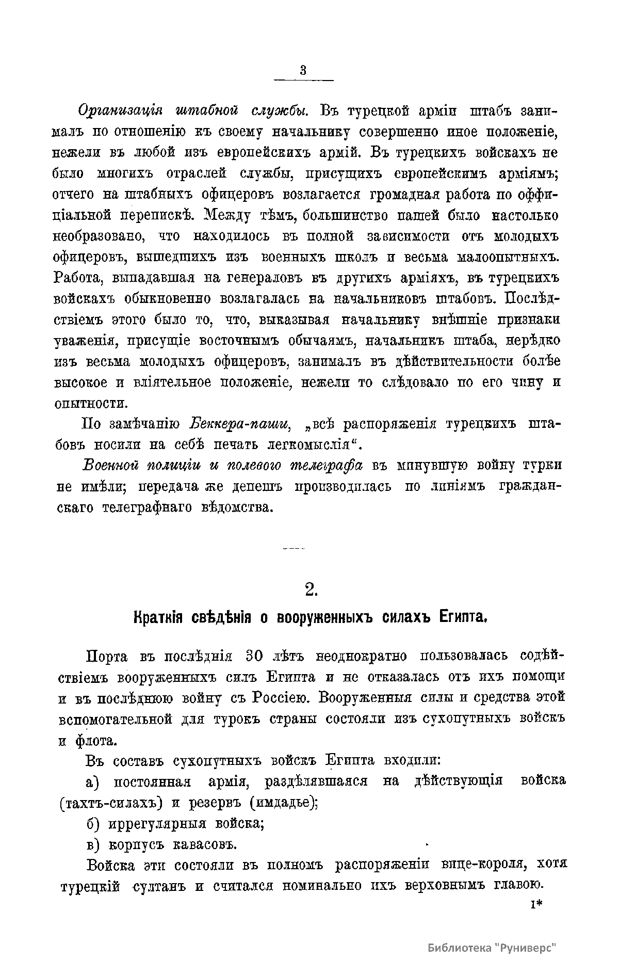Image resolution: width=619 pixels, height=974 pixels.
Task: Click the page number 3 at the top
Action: [x=303, y=71]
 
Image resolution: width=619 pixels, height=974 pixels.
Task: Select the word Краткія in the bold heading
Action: [x=156, y=617]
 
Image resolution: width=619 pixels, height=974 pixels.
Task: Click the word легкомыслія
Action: [x=311, y=445]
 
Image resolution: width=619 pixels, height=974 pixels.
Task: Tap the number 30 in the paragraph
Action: [x=255, y=657]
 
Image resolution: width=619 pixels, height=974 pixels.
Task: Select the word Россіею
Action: [x=281, y=698]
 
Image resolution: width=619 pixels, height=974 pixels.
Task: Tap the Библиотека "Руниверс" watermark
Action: [x=493, y=948]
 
